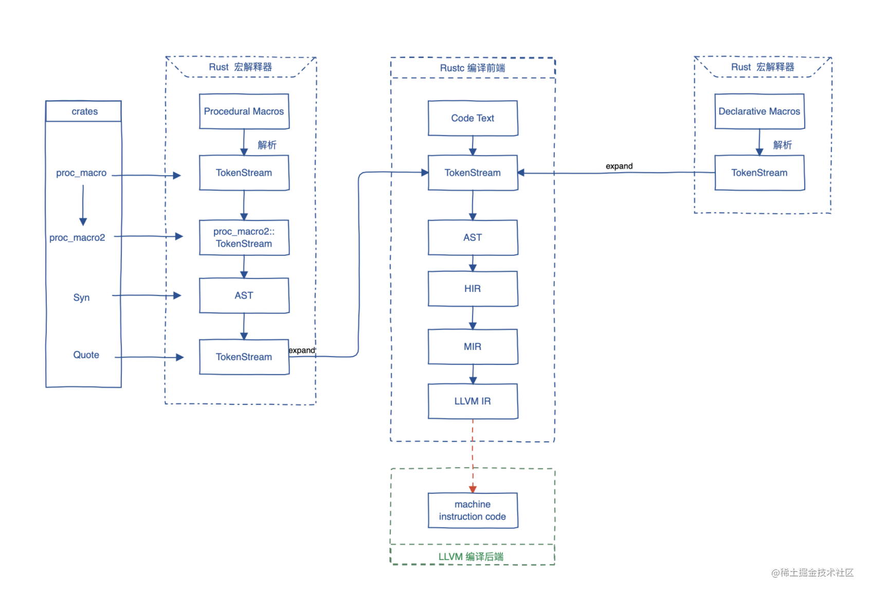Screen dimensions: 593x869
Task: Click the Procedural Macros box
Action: (x=244, y=111)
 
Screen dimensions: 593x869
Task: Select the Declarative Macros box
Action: (x=759, y=111)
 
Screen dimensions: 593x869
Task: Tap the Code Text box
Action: (x=473, y=118)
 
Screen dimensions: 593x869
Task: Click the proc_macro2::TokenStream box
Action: (x=244, y=237)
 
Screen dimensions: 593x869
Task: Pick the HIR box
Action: (x=473, y=289)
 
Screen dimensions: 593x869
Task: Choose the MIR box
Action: (x=473, y=347)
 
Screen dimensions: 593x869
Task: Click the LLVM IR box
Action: (x=473, y=401)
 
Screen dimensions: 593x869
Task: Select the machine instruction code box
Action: (x=473, y=510)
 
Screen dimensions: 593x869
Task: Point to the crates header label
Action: (x=84, y=112)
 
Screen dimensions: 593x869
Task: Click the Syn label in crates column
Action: (x=81, y=298)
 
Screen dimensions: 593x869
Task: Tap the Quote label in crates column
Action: (x=86, y=355)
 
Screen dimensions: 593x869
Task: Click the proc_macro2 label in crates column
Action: (x=77, y=237)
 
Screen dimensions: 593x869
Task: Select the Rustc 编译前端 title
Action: (x=472, y=68)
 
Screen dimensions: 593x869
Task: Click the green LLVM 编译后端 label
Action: (x=470, y=557)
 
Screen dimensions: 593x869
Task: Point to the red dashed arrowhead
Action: (x=473, y=489)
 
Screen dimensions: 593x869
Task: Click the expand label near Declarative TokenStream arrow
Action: (x=619, y=166)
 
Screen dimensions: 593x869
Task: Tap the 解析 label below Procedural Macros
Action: (x=267, y=145)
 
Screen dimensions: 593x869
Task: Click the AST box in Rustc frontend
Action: (x=473, y=237)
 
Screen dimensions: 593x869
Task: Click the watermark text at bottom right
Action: (x=812, y=572)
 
